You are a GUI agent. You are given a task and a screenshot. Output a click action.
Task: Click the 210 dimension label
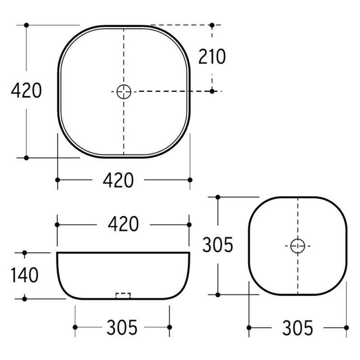[x=212, y=57]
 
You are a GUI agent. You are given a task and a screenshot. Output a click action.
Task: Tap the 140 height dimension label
[x=25, y=275]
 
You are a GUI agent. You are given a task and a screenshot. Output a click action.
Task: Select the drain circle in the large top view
[x=124, y=92]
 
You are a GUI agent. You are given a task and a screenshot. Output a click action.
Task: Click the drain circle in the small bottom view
[x=297, y=246]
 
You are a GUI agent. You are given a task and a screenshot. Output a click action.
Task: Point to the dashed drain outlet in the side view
[x=123, y=296]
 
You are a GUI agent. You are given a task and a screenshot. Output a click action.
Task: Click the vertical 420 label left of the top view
[x=27, y=90]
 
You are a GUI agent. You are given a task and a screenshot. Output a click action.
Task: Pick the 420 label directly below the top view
[x=118, y=180]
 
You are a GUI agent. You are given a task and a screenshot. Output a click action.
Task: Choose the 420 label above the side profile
[x=123, y=224]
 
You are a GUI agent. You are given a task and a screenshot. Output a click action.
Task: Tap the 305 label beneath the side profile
[x=122, y=327]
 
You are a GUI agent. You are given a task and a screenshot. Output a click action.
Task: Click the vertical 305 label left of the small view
[x=218, y=245]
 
